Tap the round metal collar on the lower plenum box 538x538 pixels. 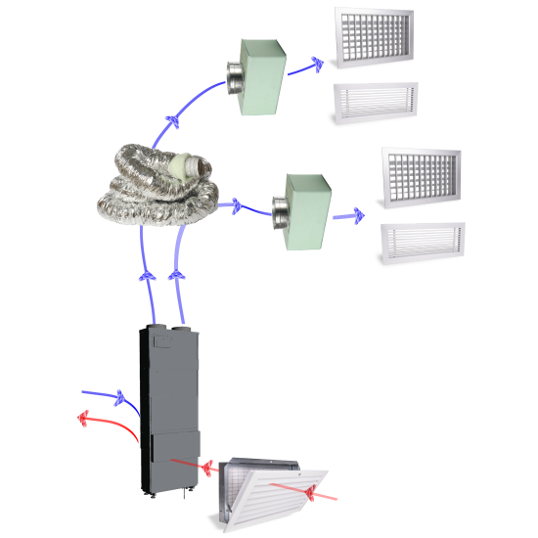tap(278, 209)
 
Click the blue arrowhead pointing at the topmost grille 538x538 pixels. tap(317, 66)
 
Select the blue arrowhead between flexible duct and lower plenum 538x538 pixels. tap(235, 205)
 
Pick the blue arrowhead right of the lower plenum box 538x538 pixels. tap(356, 213)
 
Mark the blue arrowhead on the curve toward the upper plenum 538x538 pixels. tap(173, 122)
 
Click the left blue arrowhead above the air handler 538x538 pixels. tap(146, 277)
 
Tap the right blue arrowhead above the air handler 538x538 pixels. tap(177, 277)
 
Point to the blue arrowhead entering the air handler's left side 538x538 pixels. tap(120, 397)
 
